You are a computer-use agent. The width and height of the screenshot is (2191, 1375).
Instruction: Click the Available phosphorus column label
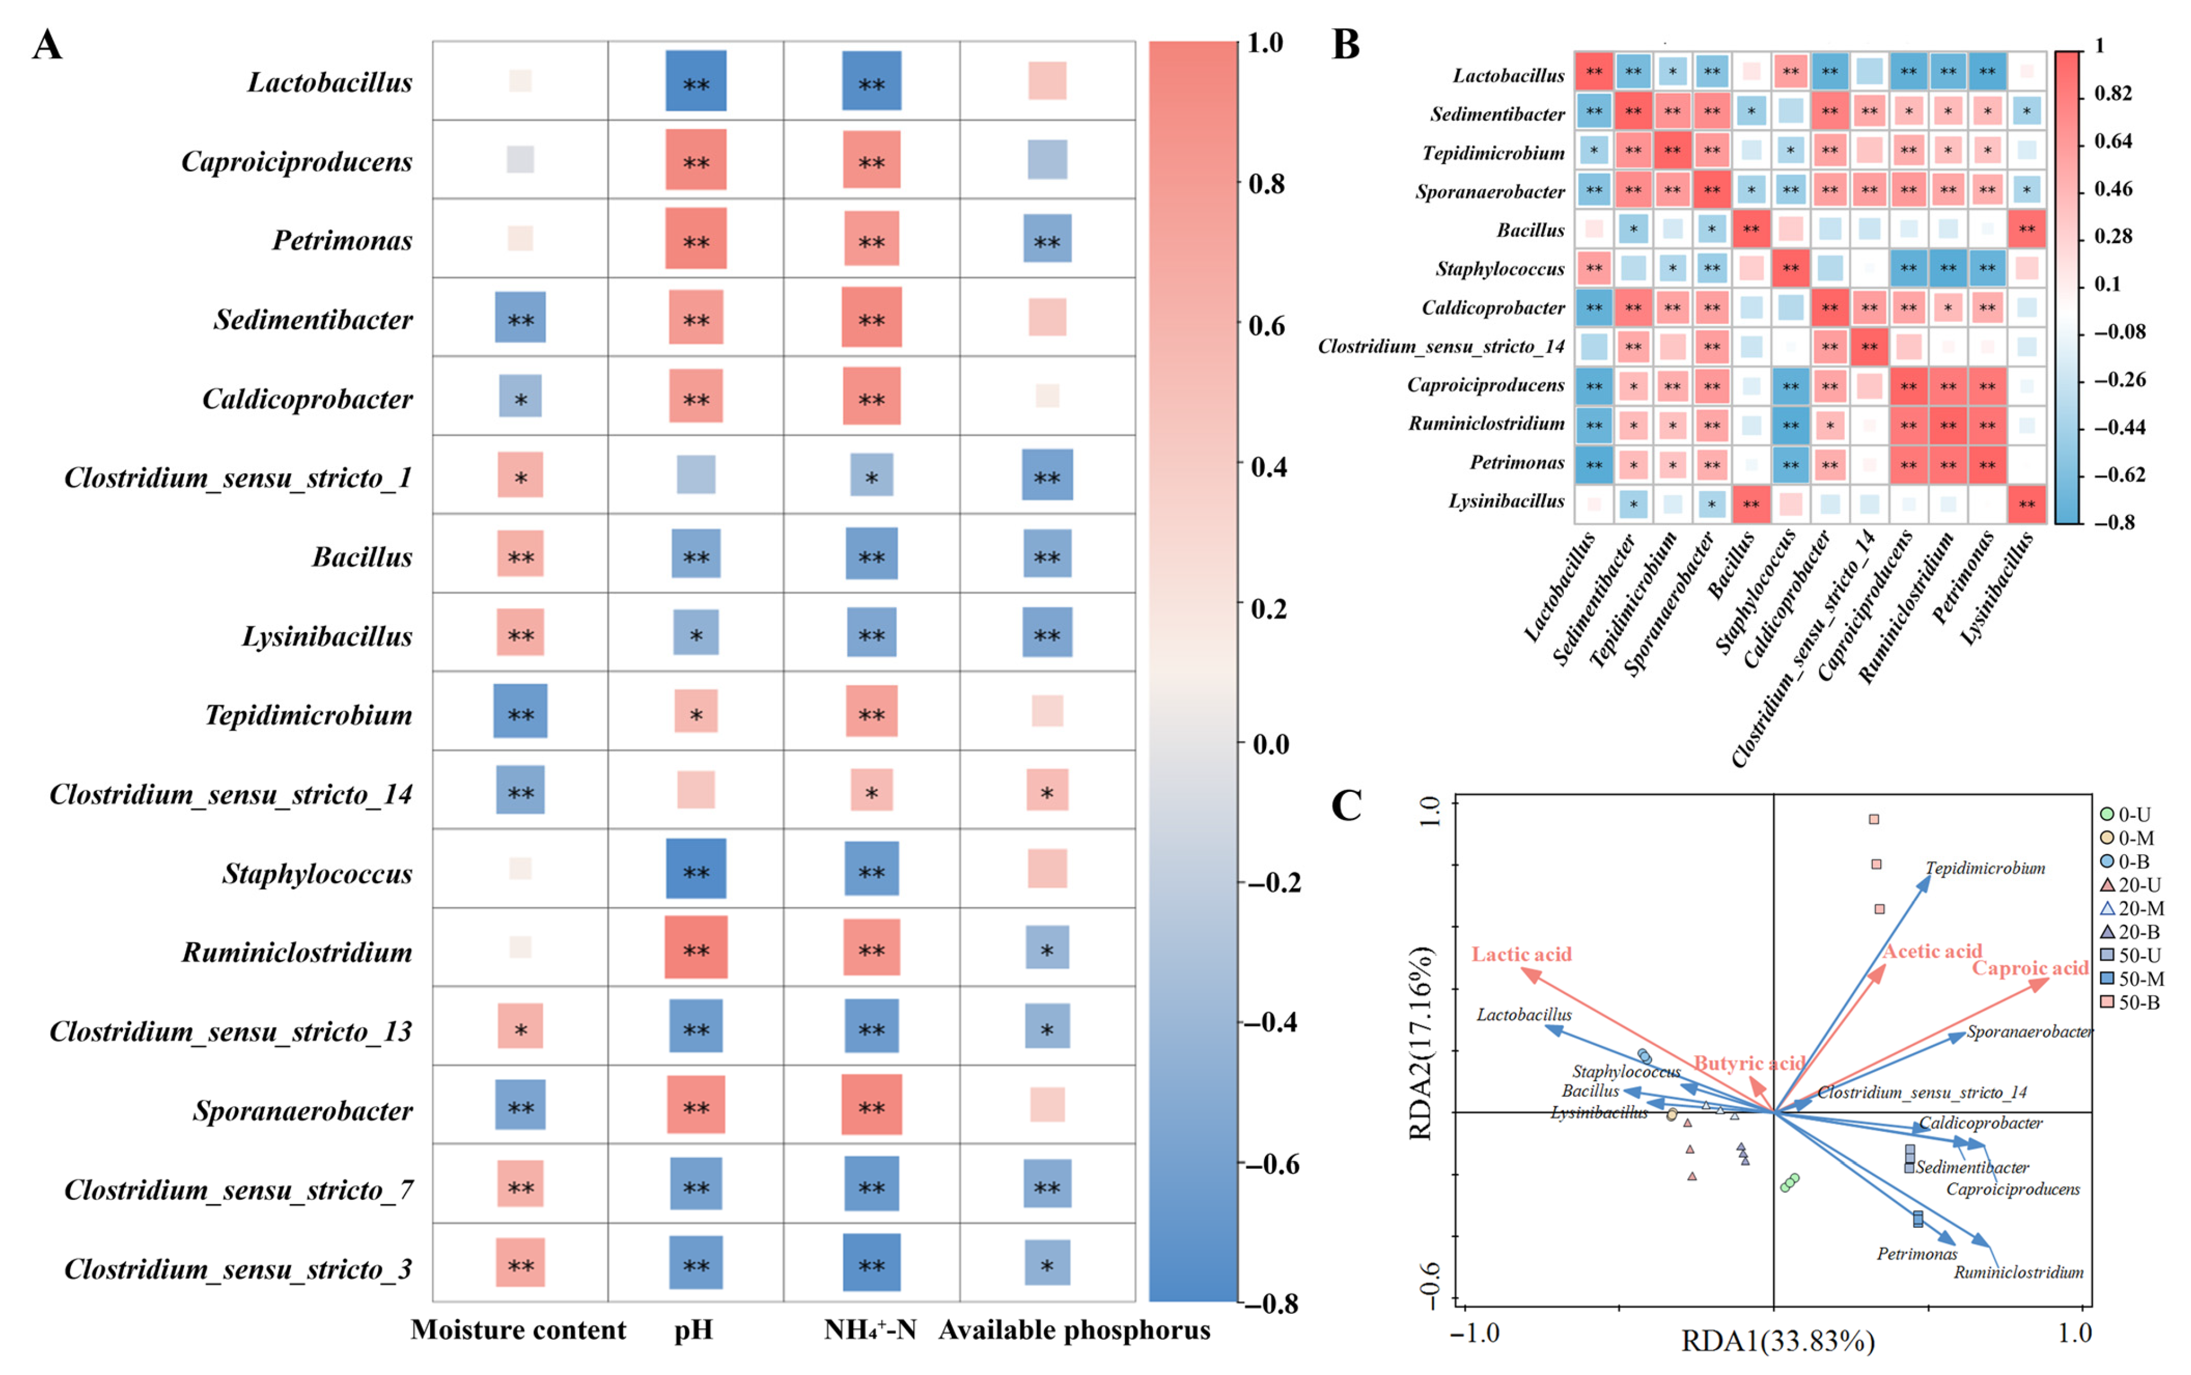[x=1074, y=1330]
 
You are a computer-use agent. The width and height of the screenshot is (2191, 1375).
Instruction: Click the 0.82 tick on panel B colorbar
[x=2112, y=94]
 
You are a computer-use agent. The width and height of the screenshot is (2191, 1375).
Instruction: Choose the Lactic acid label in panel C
[x=1522, y=954]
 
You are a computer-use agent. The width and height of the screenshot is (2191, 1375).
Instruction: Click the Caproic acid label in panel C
[x=2029, y=968]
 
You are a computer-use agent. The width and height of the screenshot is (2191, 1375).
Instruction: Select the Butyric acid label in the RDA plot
[x=1748, y=1063]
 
